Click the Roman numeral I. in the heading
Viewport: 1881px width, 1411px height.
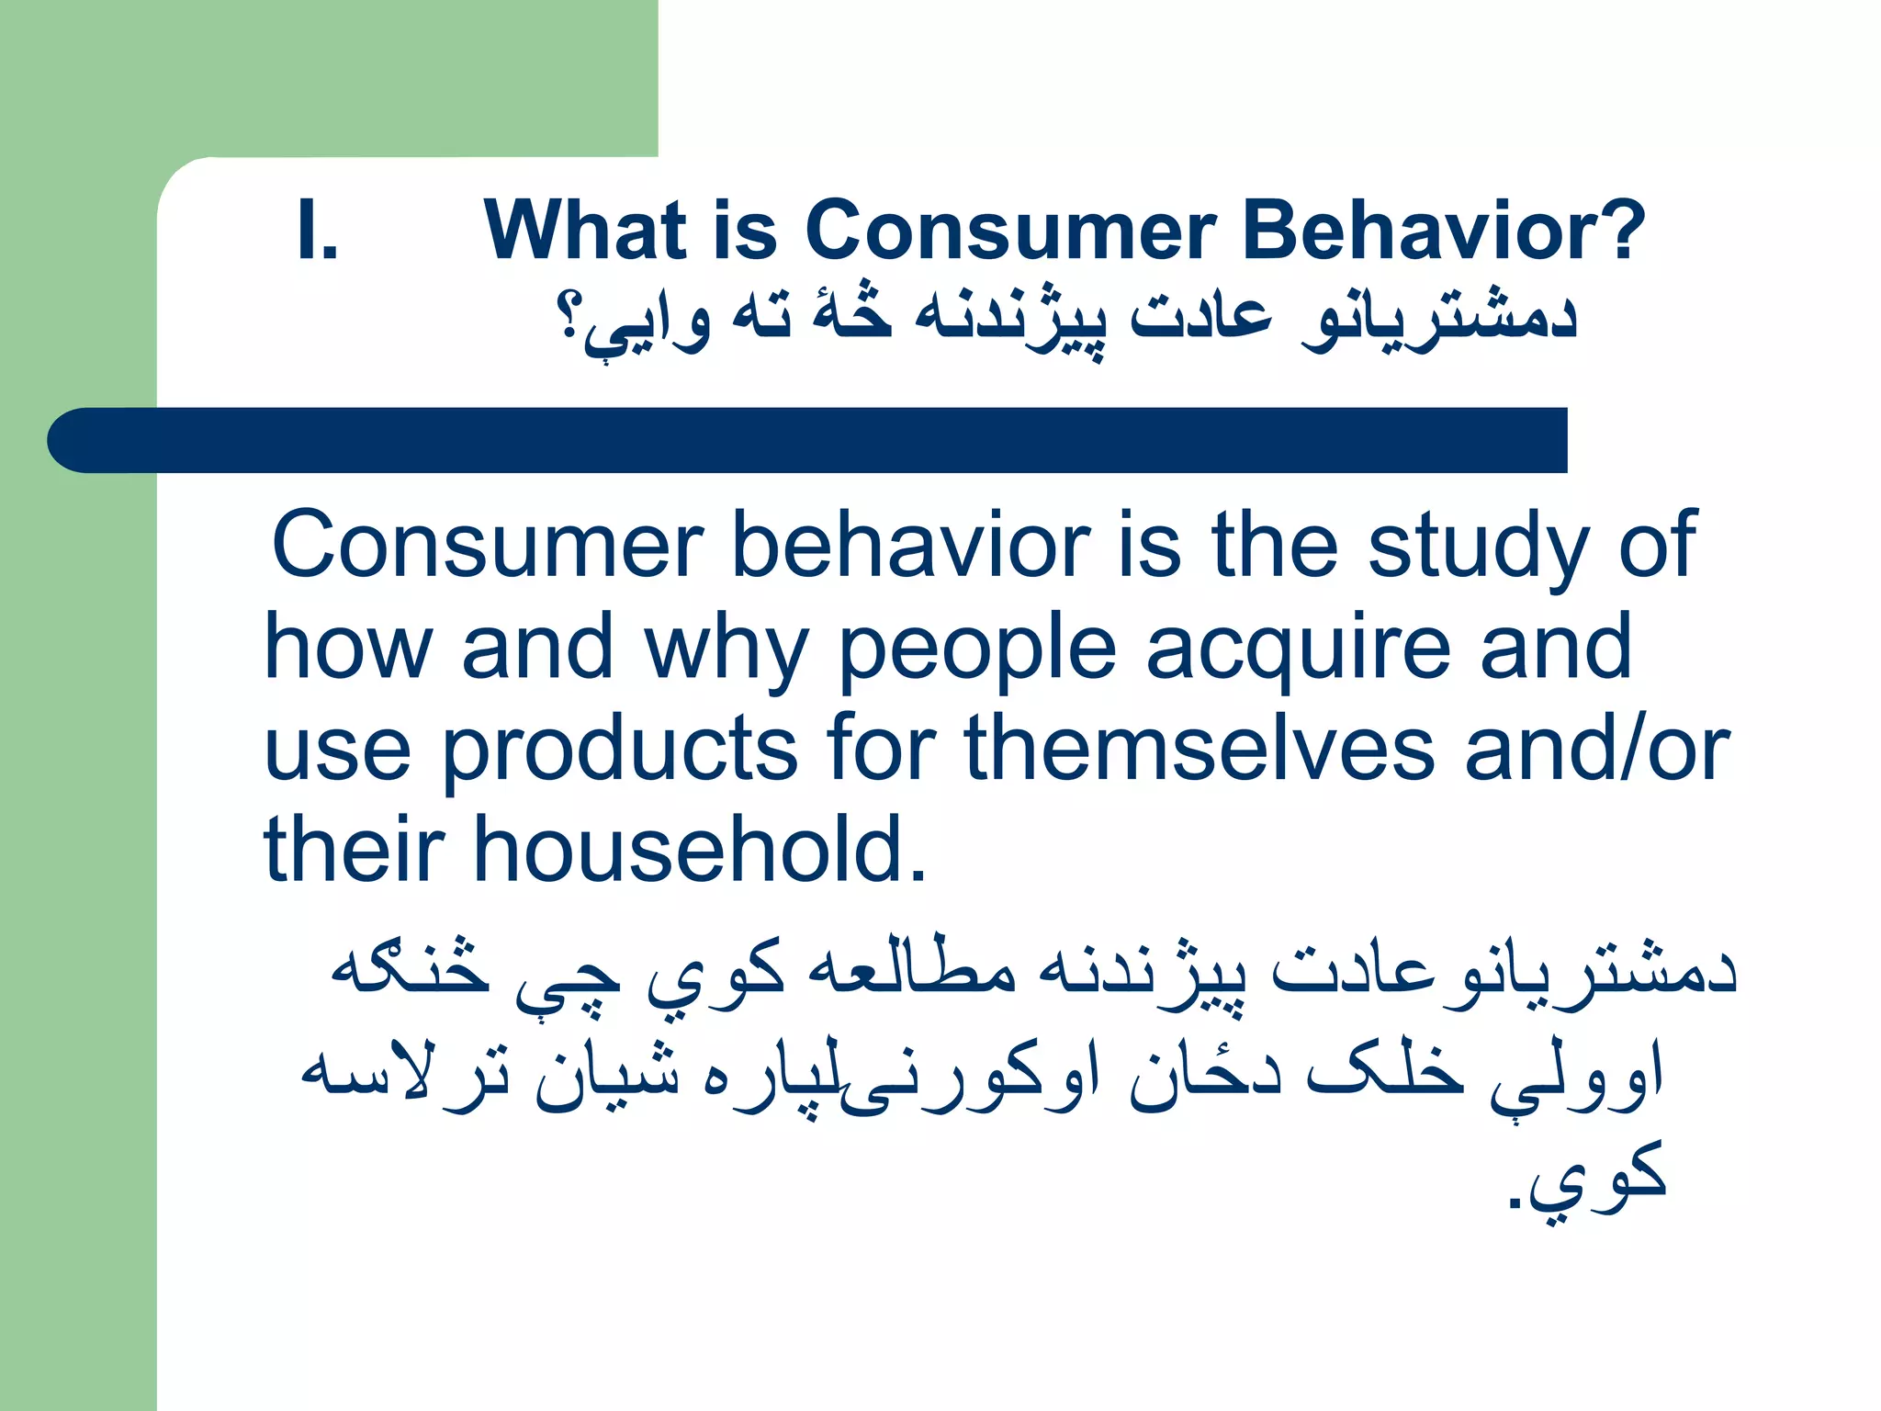[318, 231]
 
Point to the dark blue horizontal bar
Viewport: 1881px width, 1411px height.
[808, 440]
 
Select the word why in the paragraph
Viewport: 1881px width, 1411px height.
[726, 650]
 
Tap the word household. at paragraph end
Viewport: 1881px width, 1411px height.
[700, 851]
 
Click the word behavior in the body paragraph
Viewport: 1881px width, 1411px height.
[910, 547]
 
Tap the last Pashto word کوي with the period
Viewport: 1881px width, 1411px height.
[1589, 1176]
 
